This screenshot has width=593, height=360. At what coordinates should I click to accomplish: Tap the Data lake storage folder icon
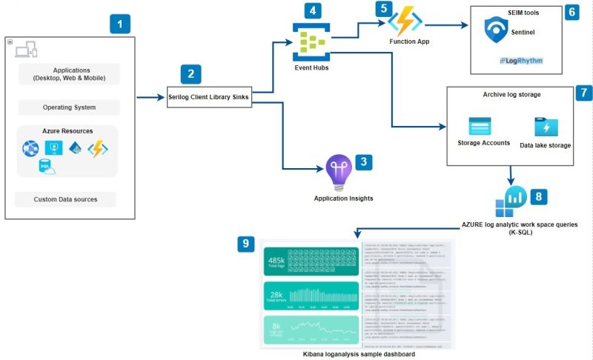tap(545, 126)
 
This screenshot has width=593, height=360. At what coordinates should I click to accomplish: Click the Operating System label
tap(68, 107)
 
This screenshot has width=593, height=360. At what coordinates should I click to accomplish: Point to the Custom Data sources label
tap(65, 199)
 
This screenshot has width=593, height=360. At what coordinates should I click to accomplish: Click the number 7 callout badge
tap(584, 93)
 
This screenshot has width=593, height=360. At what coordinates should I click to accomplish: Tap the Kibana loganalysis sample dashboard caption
tap(359, 354)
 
